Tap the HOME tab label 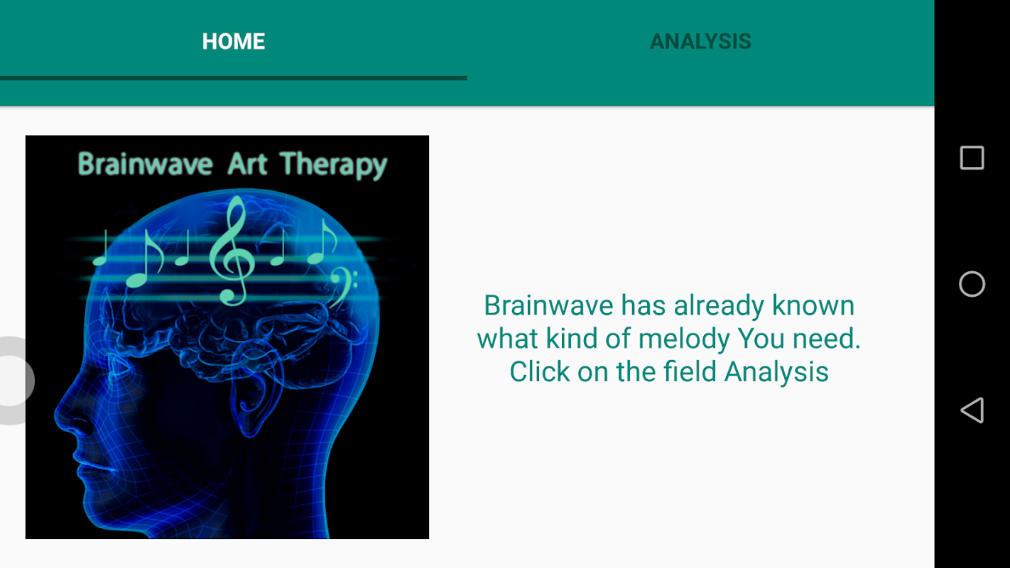(x=234, y=41)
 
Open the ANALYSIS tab (x=701, y=41)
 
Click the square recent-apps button (x=972, y=158)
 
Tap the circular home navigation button (x=972, y=284)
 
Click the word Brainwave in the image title (x=145, y=163)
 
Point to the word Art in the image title (x=248, y=163)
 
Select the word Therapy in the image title (x=333, y=165)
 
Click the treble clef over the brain (x=232, y=251)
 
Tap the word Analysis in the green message (x=776, y=373)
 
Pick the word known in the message (x=813, y=305)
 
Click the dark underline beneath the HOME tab (x=234, y=78)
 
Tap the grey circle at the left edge (x=13, y=381)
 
